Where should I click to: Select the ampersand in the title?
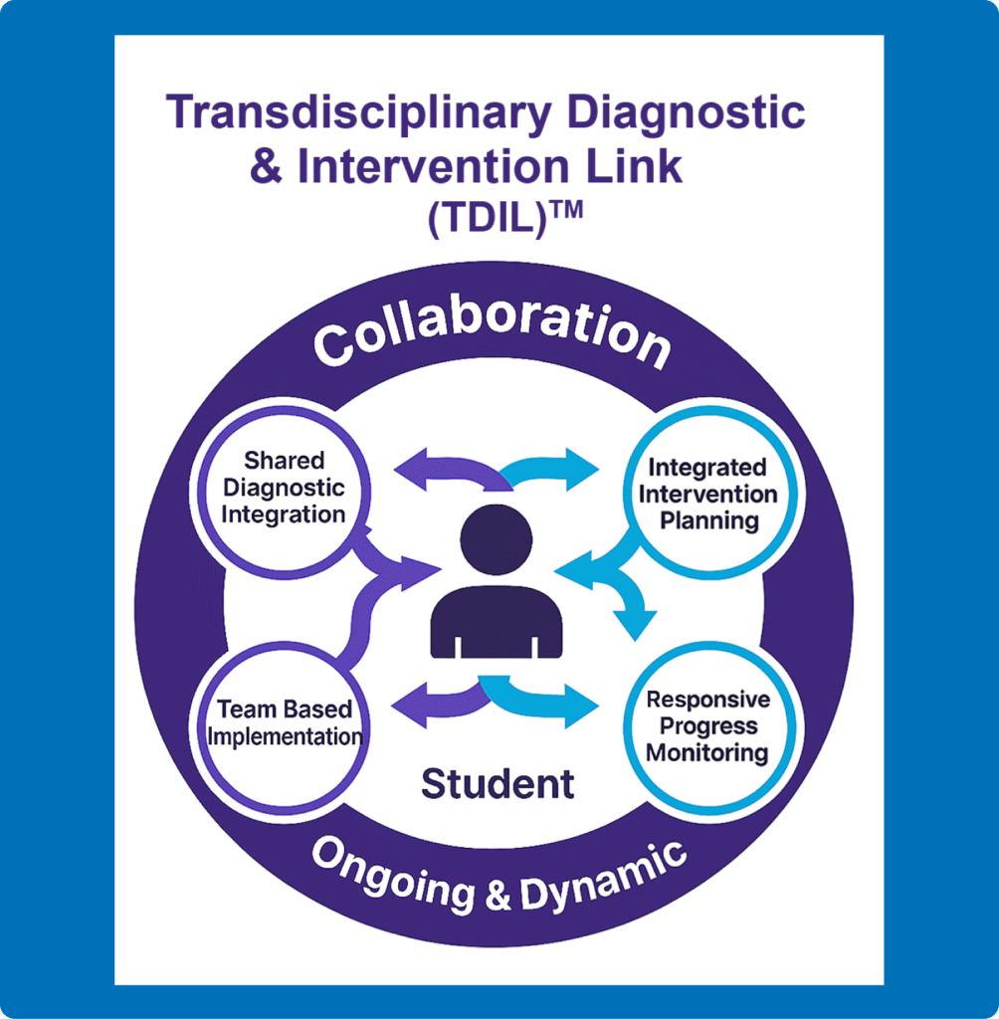[266, 166]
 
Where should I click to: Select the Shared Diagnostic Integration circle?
[283, 488]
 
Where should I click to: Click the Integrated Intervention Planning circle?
[708, 493]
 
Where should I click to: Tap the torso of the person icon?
[496, 622]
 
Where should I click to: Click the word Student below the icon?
[498, 784]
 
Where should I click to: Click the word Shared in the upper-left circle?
[285, 461]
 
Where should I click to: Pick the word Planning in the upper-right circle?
[709, 519]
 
